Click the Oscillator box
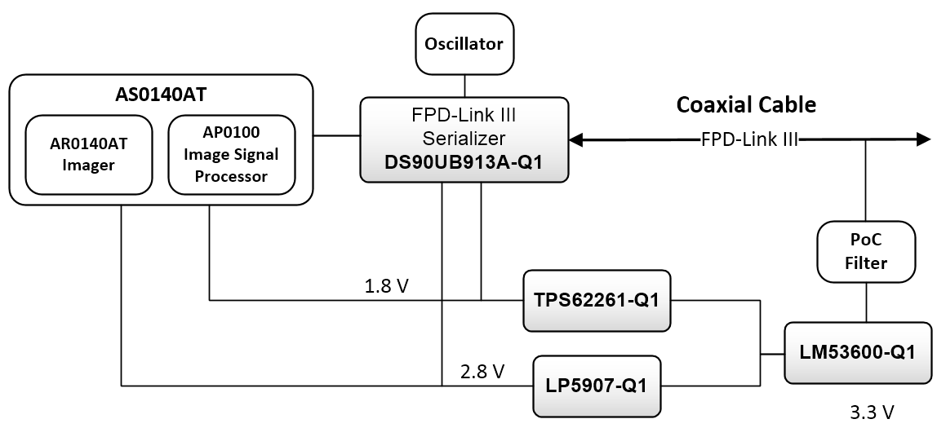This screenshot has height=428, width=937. coord(464,44)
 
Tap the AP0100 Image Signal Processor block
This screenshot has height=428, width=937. coord(231,154)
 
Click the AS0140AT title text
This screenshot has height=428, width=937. coord(161,95)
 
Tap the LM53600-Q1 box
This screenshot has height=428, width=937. coord(858,353)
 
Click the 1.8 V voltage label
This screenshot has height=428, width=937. coord(387,288)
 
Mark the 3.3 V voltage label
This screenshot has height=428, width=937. coord(873,413)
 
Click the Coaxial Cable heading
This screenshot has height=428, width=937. coord(746,104)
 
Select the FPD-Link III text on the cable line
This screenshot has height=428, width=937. coord(748,140)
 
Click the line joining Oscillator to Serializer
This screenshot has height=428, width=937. coord(464,86)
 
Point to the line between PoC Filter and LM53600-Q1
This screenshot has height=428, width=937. coord(867,301)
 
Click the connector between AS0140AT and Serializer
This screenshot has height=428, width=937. coord(337,135)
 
